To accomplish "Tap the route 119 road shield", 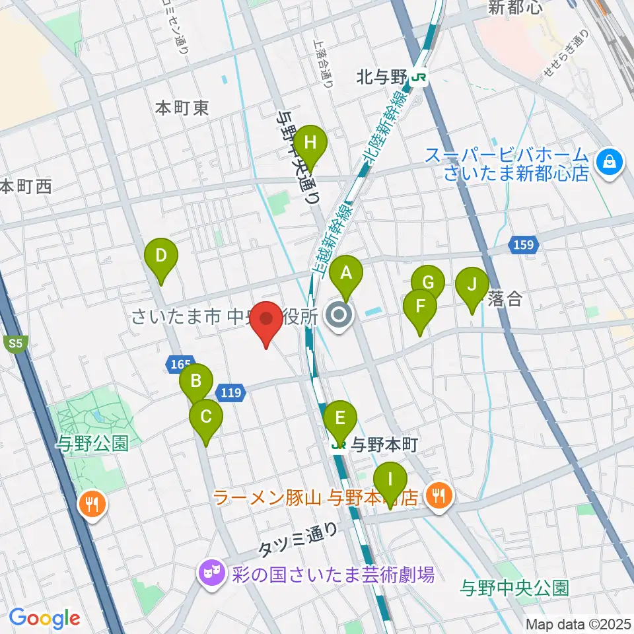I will [231, 393].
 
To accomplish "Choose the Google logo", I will [45, 618].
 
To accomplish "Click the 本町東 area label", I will [182, 108].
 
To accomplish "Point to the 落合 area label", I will [505, 299].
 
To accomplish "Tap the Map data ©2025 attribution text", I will [577, 623].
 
